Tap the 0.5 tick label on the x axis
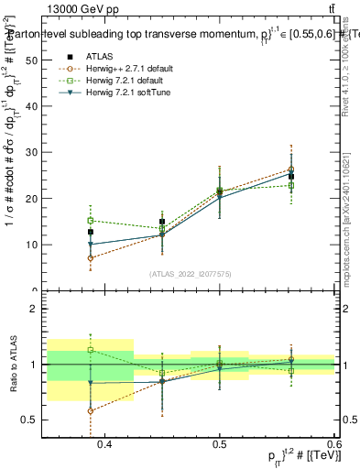(220, 444)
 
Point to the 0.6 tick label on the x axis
(333, 444)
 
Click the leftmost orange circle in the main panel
(91, 258)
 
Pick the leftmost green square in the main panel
(91, 221)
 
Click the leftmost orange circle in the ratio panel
(91, 410)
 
